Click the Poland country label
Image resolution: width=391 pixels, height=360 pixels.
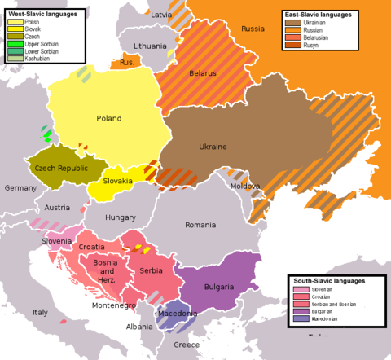[109, 119]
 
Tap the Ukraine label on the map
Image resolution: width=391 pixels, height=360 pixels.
[213, 147]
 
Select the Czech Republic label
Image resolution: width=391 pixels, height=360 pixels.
[61, 168]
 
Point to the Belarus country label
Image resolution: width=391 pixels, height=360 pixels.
[203, 73]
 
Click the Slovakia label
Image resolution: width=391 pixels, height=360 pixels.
[117, 181]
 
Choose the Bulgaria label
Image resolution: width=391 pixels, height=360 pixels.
[220, 287]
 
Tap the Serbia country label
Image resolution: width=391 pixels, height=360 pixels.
[151, 270]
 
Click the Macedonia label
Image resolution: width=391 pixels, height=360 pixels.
[178, 314]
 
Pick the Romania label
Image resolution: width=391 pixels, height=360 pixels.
[200, 225]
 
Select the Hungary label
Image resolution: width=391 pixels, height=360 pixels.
[121, 217]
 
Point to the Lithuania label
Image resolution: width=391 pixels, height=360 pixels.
[150, 46]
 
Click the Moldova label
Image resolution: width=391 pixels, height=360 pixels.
[244, 187]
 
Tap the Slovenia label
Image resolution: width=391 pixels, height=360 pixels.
[57, 241]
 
